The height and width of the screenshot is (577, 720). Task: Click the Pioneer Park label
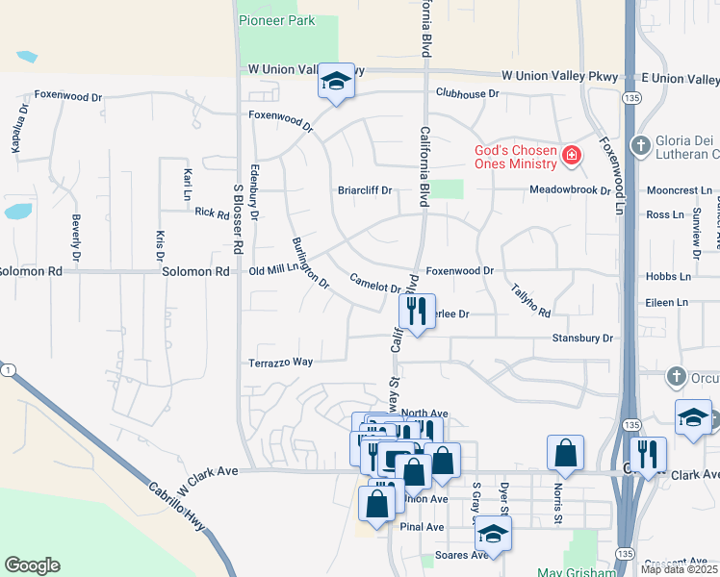(x=276, y=19)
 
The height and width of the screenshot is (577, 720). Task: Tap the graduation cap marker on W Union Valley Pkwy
(x=336, y=83)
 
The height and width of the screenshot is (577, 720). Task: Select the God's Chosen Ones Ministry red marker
(x=572, y=155)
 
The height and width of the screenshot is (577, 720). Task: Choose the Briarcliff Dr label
(x=365, y=190)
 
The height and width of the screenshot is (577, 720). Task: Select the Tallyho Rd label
(x=530, y=299)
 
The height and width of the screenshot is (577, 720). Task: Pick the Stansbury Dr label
(x=582, y=339)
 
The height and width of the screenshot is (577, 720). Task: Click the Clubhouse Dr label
(x=467, y=93)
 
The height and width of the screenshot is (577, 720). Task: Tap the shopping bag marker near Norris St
(x=565, y=452)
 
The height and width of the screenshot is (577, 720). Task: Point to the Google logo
(x=32, y=565)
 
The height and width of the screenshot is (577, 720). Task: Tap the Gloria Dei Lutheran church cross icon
(x=640, y=145)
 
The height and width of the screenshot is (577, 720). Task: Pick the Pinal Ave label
(x=423, y=527)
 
